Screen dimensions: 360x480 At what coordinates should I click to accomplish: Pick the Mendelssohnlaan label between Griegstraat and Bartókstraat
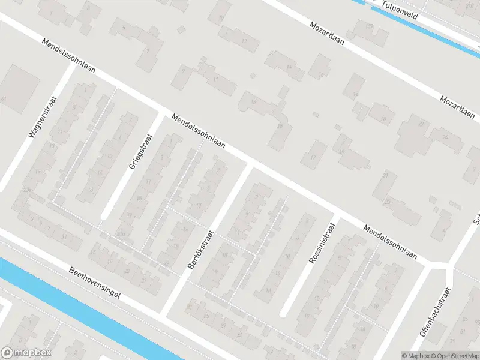197,132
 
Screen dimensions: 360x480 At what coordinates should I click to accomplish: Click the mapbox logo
26,353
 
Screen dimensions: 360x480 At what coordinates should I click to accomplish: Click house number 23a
26,190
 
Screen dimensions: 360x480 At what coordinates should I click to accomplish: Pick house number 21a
121,233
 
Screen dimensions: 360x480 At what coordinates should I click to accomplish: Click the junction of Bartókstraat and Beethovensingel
163,313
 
